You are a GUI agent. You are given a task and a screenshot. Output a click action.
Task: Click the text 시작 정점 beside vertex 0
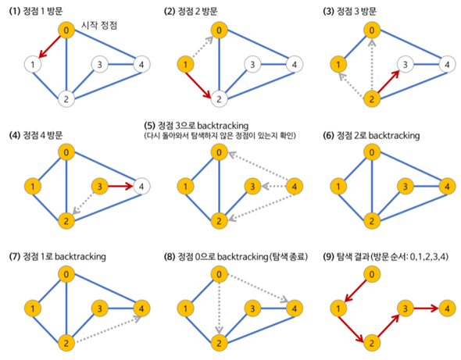tap(99, 25)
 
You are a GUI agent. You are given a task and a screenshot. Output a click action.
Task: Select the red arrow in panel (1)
tap(50, 46)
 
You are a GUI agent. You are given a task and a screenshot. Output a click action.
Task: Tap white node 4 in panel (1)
tap(141, 64)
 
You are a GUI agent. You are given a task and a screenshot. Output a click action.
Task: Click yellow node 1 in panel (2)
tap(185, 64)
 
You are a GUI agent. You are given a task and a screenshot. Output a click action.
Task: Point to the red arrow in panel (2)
tap(198, 85)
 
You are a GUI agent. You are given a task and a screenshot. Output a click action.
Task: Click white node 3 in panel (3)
tap(406, 64)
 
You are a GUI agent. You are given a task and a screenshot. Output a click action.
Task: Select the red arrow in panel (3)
tap(388, 82)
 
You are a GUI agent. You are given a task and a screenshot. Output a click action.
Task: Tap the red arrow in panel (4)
tap(121, 186)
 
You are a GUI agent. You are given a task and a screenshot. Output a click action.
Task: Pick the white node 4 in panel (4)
tap(141, 187)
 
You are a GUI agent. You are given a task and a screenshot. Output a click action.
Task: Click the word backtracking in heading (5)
tap(223, 126)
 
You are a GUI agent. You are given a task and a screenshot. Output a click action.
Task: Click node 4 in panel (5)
tap(295, 187)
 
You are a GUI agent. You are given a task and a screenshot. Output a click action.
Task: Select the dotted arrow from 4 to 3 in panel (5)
tap(273, 187)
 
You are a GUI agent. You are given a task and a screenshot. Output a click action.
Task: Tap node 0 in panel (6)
tap(372, 152)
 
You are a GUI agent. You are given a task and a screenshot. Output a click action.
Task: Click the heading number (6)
tap(328, 135)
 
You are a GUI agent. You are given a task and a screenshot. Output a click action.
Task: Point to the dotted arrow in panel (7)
tap(108, 329)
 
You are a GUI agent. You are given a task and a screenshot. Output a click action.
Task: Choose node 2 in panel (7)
tap(66, 343)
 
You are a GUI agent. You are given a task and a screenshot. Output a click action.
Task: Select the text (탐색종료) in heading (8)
tap(288, 257)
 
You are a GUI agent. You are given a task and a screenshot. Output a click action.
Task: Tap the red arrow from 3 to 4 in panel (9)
tap(427, 308)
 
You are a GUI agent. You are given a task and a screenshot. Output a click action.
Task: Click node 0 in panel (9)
tap(372, 274)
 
